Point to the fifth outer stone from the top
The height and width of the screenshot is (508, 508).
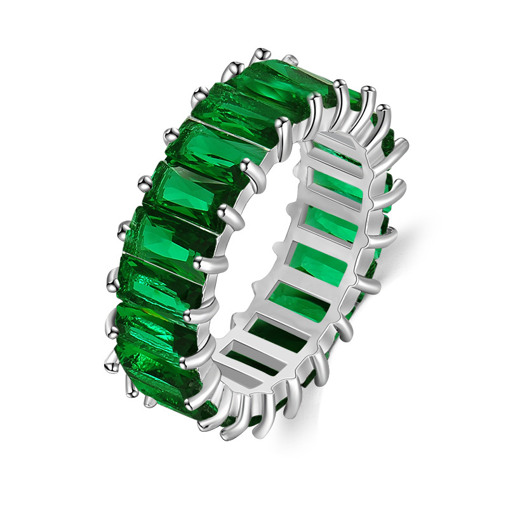tap(171, 238)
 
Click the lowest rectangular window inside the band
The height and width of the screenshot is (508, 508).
tap(244, 362)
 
